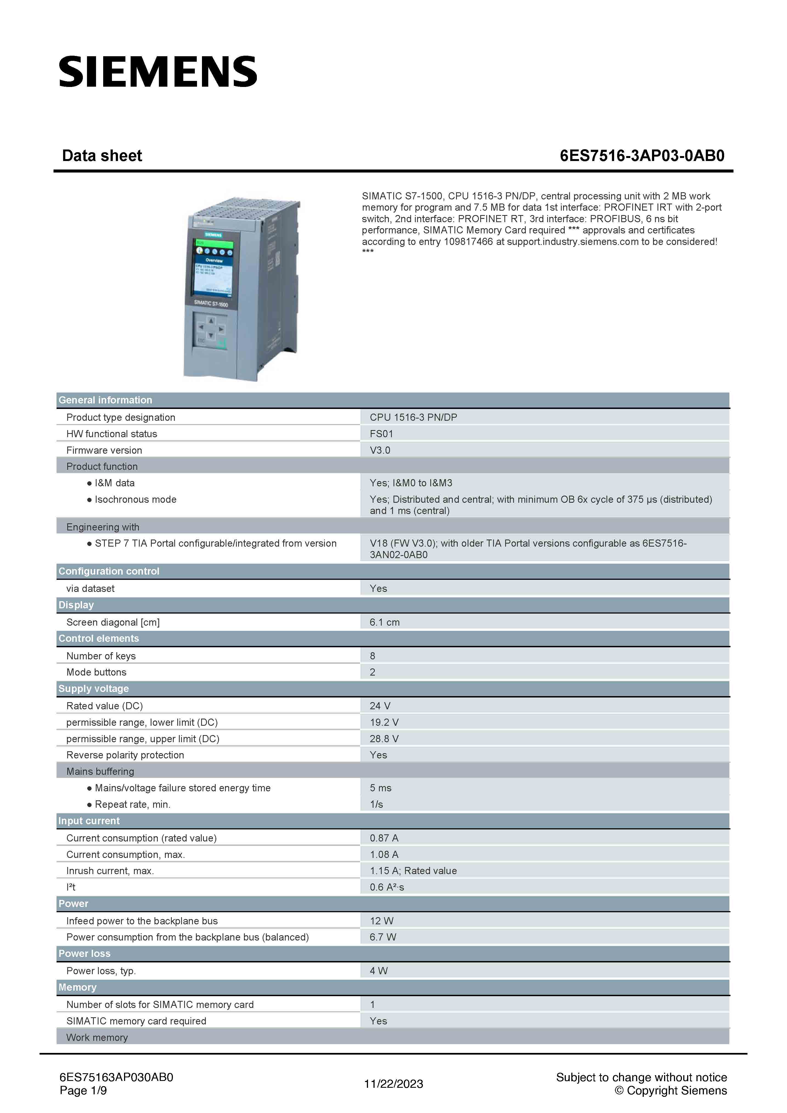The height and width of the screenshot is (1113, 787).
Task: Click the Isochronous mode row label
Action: pyautogui.click(x=135, y=499)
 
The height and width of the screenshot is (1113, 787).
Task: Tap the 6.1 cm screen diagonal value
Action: pyautogui.click(x=384, y=622)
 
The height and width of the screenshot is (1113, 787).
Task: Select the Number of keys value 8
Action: pyautogui.click(x=372, y=656)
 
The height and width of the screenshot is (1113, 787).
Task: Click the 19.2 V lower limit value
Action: pyautogui.click(x=384, y=722)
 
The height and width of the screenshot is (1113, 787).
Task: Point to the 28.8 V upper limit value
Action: pyautogui.click(x=384, y=739)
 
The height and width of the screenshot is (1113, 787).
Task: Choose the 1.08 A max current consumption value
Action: pyautogui.click(x=384, y=855)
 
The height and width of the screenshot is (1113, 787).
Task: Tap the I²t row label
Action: pyautogui.click(x=71, y=887)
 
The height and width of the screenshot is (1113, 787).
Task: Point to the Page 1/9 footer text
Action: pyautogui.click(x=83, y=1091)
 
